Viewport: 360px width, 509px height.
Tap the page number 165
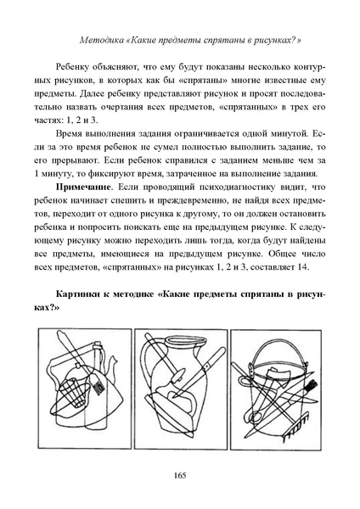point(179,474)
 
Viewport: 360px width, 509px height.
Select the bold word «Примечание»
point(84,185)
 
